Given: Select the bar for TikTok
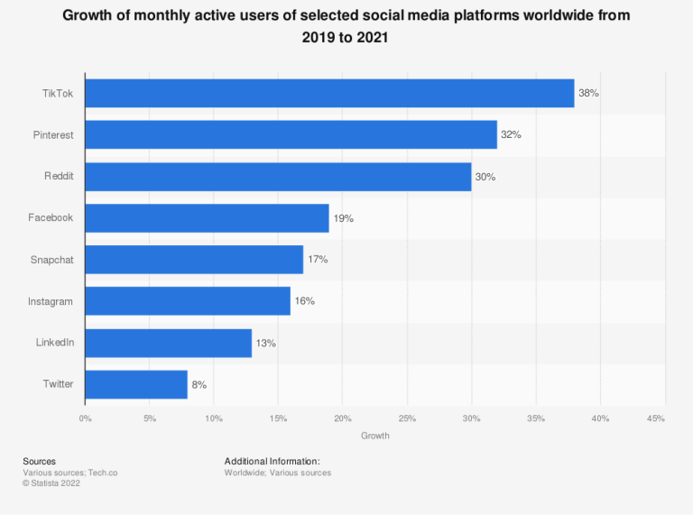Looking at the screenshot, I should pyautogui.click(x=329, y=93).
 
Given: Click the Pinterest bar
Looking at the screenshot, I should pyautogui.click(x=291, y=134).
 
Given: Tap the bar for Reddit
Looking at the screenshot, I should pyautogui.click(x=278, y=176).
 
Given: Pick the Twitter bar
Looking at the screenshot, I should pyautogui.click(x=136, y=384).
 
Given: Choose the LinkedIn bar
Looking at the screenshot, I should pyautogui.click(x=168, y=343).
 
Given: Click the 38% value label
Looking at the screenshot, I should pyautogui.click(x=588, y=93).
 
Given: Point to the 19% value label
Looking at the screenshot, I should pyautogui.click(x=343, y=218).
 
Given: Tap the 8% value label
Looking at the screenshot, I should pyautogui.click(x=199, y=384).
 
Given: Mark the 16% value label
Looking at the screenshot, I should pyautogui.click(x=304, y=301).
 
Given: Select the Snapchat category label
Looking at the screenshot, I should pyautogui.click(x=53, y=260).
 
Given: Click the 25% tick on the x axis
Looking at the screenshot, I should pyautogui.click(x=407, y=418).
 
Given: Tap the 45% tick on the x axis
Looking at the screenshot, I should pyautogui.click(x=656, y=418).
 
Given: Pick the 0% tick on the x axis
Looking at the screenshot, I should pyautogui.click(x=85, y=418).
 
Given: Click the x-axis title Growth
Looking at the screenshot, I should pyautogui.click(x=375, y=437).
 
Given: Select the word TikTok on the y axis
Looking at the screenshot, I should pyautogui.click(x=59, y=93).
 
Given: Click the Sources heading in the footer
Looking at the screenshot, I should pyautogui.click(x=39, y=461).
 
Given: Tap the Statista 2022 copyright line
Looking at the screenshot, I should pyautogui.click(x=53, y=483).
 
